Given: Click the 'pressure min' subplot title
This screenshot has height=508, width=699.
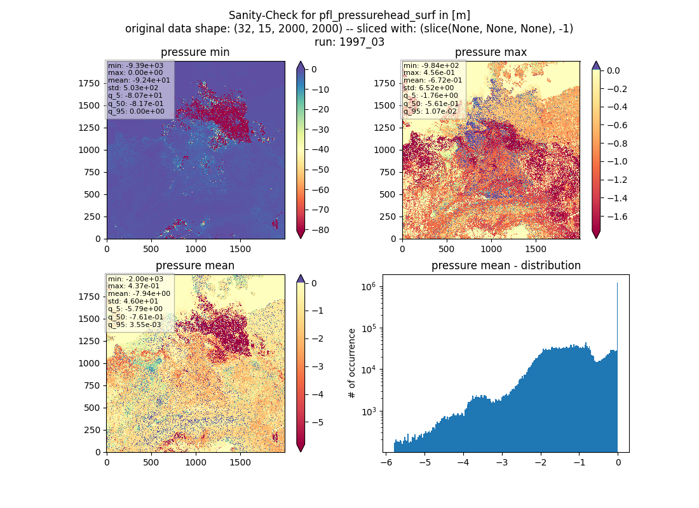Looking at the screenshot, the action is pos(195,52).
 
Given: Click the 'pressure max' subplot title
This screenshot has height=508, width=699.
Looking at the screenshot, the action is pos(491,52).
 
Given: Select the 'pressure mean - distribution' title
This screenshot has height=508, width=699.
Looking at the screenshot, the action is pos(506,265).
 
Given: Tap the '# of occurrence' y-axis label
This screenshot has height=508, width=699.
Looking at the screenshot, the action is pos(352,364).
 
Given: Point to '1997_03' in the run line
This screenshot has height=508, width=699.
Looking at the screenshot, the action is pos(362,42).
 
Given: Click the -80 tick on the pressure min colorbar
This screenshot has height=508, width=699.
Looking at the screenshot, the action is pos(320,230).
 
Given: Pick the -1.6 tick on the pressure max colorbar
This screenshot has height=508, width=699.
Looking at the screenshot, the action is pos(617,217).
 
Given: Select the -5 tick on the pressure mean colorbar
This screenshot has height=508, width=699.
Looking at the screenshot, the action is pos(317,422).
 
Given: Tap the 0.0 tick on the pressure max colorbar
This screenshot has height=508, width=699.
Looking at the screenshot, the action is pos(613,70).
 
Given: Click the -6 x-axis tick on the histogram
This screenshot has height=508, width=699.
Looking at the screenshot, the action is pos(386,462).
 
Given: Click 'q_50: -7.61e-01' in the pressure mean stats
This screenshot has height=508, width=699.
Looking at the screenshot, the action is pos(135,317).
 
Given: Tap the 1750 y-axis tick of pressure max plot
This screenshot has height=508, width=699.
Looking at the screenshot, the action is pos(384,83).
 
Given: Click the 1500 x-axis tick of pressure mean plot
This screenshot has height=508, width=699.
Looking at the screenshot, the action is pos(240,462).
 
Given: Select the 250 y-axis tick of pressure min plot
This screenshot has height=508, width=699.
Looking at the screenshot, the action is pos(93,217).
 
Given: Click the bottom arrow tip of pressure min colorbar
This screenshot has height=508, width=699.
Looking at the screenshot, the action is pos(301,238).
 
